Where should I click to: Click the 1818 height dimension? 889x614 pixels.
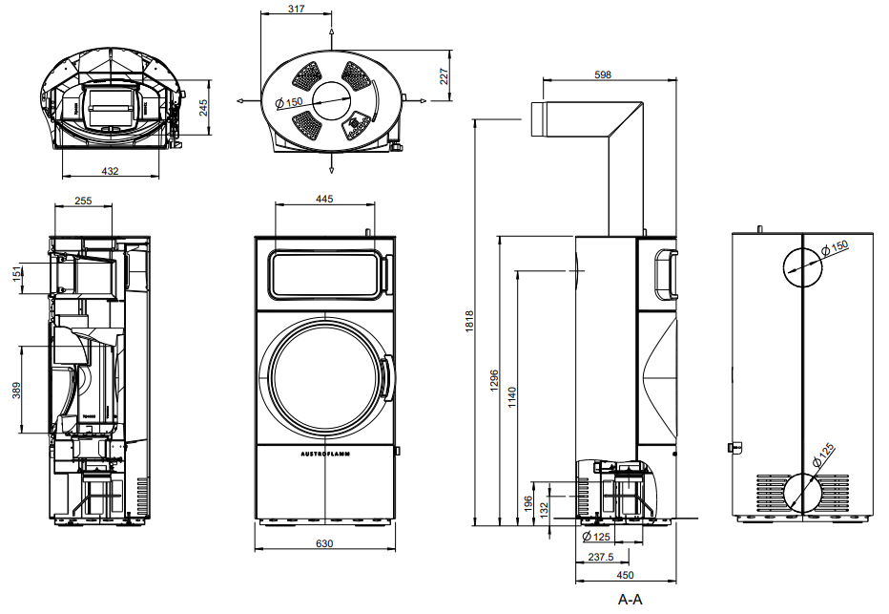tap(465, 325)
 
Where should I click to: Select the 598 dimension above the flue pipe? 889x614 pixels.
tap(602, 74)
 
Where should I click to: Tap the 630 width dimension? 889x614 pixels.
tap(324, 543)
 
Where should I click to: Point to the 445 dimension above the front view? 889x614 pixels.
tap(324, 199)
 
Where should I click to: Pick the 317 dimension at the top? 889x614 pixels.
tap(296, 9)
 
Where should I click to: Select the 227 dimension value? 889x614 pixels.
tap(444, 76)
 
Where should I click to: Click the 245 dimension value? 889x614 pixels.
tap(203, 108)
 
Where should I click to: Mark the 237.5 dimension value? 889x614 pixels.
tap(600, 557)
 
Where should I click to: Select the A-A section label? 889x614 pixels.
tap(631, 600)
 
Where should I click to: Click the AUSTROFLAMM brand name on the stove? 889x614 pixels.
tap(324, 455)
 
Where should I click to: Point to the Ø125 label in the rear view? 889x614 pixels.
tap(824, 456)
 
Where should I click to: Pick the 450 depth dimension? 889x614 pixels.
tap(625, 576)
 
